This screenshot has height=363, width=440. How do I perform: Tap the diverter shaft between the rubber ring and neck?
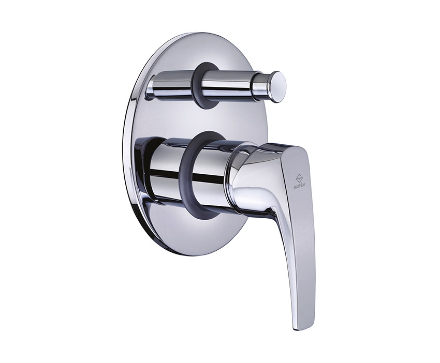pos(234,84)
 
